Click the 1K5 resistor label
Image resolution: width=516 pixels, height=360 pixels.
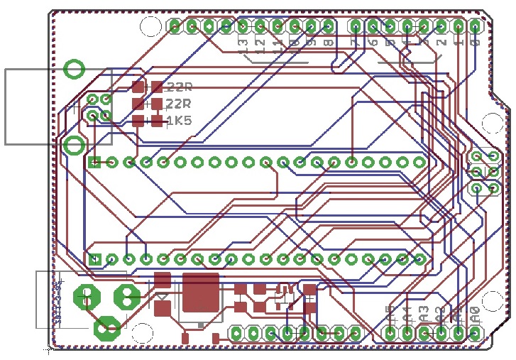[x=179, y=121]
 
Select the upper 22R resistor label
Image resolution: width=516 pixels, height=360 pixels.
[x=179, y=87]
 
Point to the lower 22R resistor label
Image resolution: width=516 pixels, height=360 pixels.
[x=179, y=104]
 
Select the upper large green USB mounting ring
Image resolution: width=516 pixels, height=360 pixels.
[x=75, y=69]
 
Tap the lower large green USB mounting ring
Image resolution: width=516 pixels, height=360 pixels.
[x=74, y=146]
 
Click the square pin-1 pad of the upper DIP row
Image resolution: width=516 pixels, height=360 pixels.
[x=95, y=162]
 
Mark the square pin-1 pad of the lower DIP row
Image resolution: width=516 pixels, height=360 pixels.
[x=95, y=259]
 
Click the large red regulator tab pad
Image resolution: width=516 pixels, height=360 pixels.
[x=200, y=293]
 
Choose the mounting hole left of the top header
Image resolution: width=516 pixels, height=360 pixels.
[x=150, y=27]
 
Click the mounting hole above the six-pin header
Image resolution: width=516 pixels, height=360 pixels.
[x=492, y=122]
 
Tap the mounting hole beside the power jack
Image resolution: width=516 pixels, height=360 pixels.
[x=143, y=332]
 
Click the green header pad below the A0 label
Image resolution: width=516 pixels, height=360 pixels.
[x=475, y=332]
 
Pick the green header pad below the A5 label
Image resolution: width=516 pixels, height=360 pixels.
[x=390, y=332]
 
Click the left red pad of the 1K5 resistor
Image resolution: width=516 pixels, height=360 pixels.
[x=138, y=121]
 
